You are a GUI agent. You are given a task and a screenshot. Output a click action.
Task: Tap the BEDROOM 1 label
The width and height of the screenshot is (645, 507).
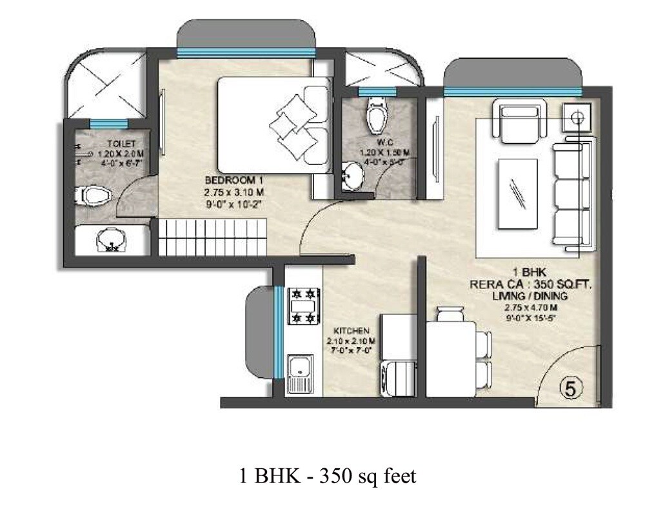point(235,180)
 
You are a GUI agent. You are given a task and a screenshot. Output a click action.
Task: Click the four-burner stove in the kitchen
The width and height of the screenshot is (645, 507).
point(304,306)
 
